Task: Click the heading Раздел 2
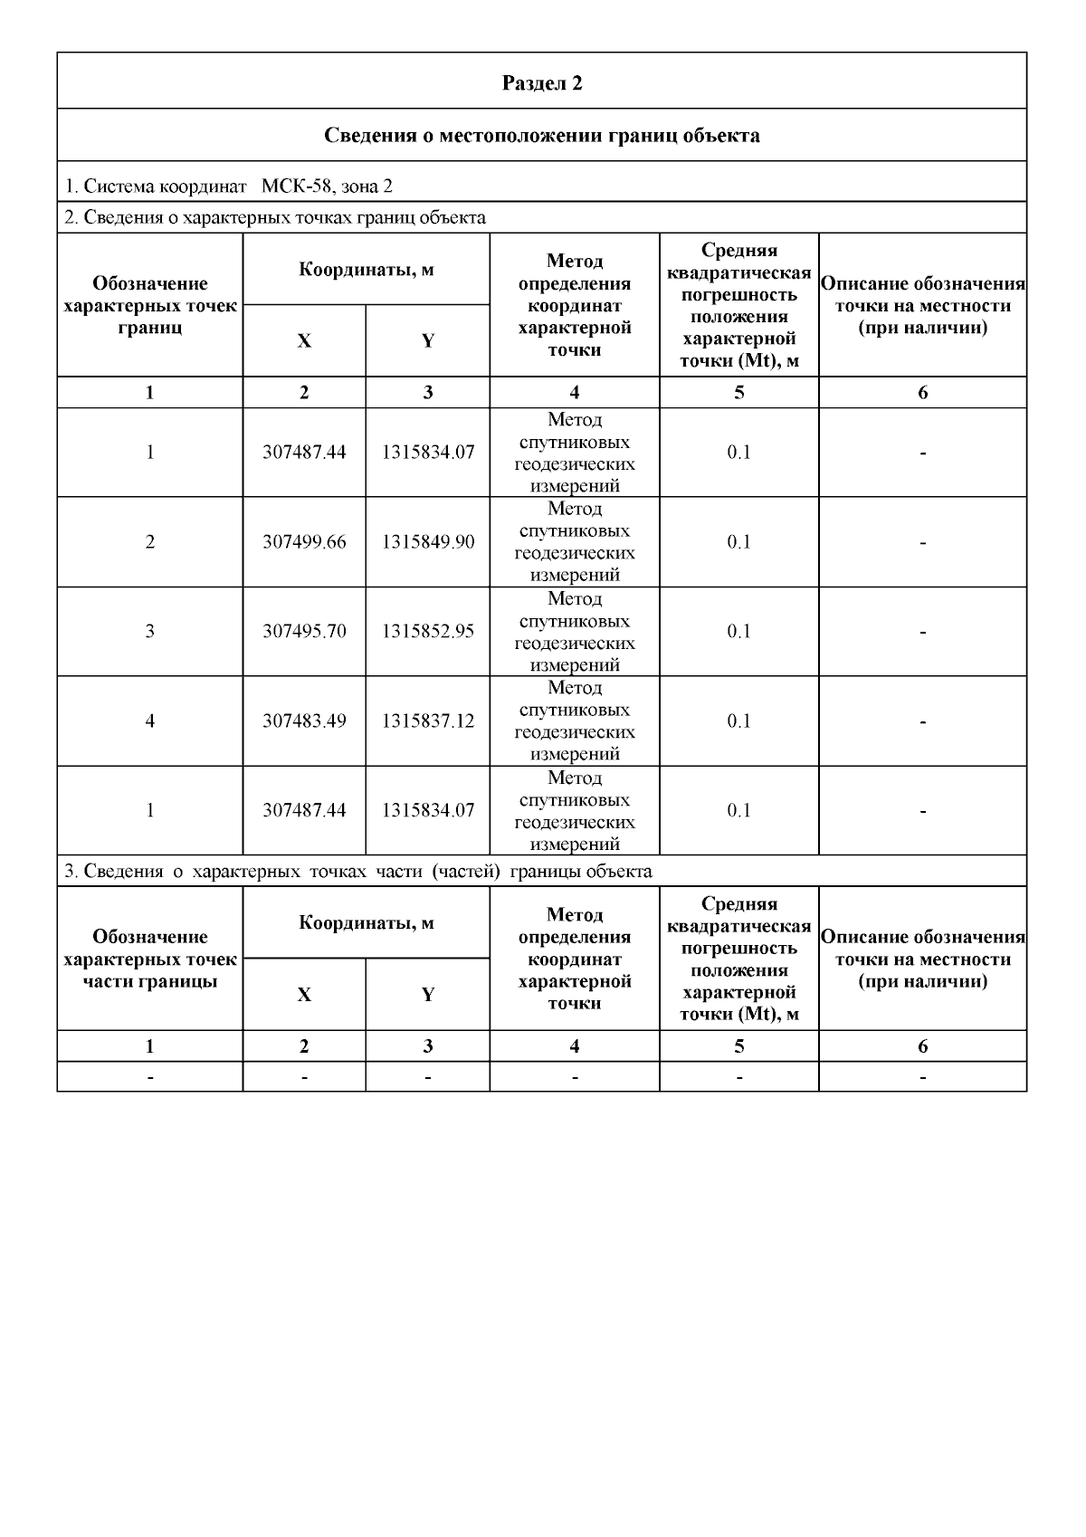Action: pyautogui.click(x=542, y=83)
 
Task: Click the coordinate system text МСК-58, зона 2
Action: pyautogui.click(x=327, y=186)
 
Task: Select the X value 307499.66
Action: pyautogui.click(x=304, y=542)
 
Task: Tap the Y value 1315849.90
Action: pyautogui.click(x=428, y=542)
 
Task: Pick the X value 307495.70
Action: pyautogui.click(x=304, y=631)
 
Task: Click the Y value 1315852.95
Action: pyautogui.click(x=428, y=631)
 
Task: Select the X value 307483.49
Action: pyautogui.click(x=304, y=721)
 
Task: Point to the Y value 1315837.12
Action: pyautogui.click(x=428, y=721)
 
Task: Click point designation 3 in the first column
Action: pyautogui.click(x=150, y=631)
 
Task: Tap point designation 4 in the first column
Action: pyautogui.click(x=150, y=721)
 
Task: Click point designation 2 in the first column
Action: pyautogui.click(x=150, y=542)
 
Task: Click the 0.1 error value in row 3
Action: pyautogui.click(x=738, y=631)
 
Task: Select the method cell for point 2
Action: pyautogui.click(x=575, y=542)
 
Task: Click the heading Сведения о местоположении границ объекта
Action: pyautogui.click(x=542, y=136)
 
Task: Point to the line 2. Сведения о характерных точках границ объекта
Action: pyautogui.click(x=275, y=217)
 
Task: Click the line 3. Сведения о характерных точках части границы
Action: pyautogui.click(x=357, y=872)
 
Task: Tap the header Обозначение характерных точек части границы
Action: pyautogui.click(x=150, y=959)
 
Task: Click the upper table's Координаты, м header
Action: pyautogui.click(x=367, y=270)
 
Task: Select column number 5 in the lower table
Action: pyautogui.click(x=738, y=1046)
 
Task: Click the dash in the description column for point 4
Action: pyautogui.click(x=922, y=722)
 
